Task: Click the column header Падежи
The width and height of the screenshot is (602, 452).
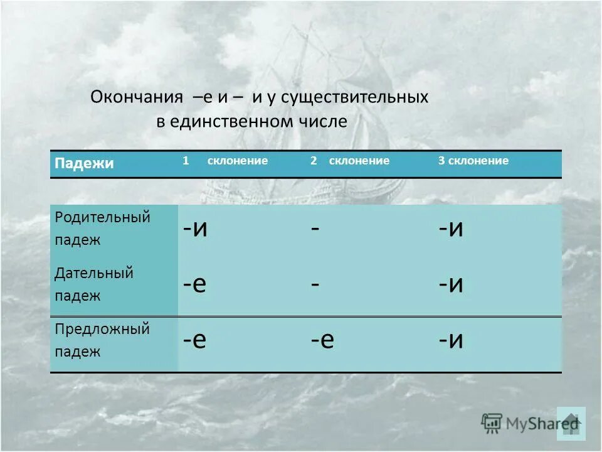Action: click(x=84, y=164)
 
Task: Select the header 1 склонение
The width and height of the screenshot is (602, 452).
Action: click(x=226, y=161)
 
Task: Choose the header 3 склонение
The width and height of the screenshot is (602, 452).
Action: click(x=473, y=161)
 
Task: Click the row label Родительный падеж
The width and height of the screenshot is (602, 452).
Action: click(x=102, y=229)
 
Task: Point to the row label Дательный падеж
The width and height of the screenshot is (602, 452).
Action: click(x=93, y=284)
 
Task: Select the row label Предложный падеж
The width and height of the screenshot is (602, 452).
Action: click(x=102, y=340)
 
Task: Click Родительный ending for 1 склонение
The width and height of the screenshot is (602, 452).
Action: click(x=196, y=228)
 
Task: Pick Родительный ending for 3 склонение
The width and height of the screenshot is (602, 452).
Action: click(x=451, y=228)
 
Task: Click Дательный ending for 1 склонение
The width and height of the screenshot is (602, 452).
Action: click(x=194, y=284)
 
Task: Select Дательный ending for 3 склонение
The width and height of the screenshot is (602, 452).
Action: click(x=451, y=284)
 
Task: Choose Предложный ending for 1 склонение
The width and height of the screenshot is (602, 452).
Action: click(x=194, y=340)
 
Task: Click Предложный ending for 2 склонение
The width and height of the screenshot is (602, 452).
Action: click(x=322, y=340)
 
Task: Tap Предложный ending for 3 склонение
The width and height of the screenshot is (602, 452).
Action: click(x=451, y=340)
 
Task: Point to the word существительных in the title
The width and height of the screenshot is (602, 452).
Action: click(x=354, y=97)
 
